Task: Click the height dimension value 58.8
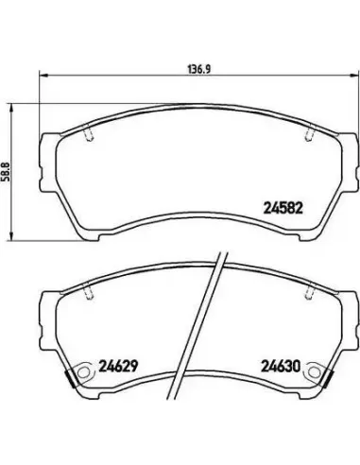[7, 172]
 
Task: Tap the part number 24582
[283, 208]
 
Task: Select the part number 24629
[118, 366]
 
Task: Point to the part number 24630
[281, 366]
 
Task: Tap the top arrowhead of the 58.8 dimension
[11, 110]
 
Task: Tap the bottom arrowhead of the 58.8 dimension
[11, 236]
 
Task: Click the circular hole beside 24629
[83, 372]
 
